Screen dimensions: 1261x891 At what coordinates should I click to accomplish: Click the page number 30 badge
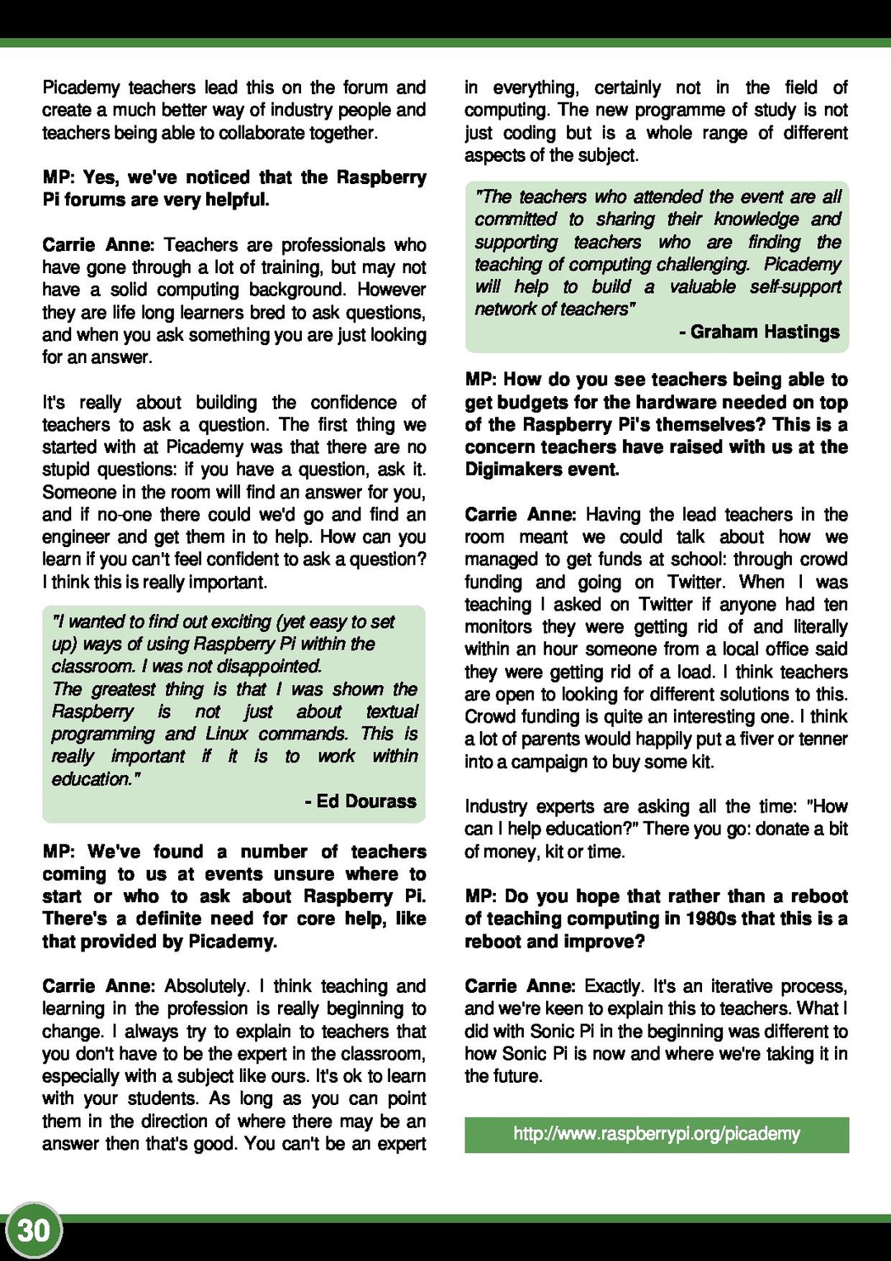pos(34,1230)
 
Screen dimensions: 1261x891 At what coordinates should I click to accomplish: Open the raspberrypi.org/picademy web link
pos(657,1134)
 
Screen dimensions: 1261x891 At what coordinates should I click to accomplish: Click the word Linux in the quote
pos(227,734)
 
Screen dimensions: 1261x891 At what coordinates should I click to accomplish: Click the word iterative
pos(728,986)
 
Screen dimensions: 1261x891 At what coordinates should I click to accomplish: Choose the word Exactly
pos(615,986)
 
